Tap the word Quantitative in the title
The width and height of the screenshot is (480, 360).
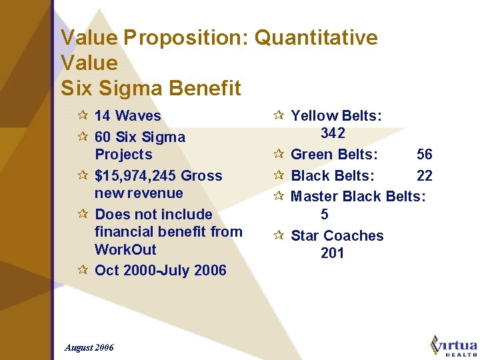point(316,38)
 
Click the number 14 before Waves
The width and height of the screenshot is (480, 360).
point(103,116)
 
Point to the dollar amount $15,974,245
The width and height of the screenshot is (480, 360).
point(135,176)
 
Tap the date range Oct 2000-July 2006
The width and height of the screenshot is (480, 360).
point(161,271)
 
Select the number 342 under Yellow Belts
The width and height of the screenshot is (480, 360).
point(333,133)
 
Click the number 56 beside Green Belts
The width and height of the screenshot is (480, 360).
point(425,155)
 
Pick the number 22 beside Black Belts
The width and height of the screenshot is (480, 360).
point(425,176)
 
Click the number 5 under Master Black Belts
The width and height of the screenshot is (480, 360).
point(325,215)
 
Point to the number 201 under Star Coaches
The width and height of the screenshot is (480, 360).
point(333,253)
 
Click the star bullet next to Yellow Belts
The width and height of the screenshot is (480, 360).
point(279,116)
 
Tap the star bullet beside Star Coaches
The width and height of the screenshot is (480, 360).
point(279,235)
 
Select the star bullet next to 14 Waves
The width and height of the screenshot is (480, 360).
point(83,116)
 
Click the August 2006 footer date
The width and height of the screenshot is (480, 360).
point(89,347)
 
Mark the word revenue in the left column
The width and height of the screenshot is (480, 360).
point(139,193)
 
